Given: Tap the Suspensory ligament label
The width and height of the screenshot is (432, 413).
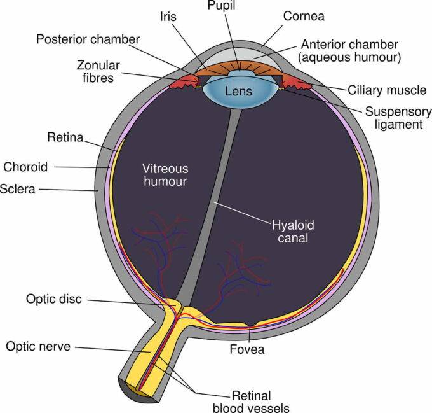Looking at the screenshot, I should coord(393,118).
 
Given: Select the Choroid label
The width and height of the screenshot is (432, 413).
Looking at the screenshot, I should coord(25,167).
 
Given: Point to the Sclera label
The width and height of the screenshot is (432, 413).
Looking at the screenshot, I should coord(18,189).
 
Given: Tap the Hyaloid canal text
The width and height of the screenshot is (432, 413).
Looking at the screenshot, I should coord(293,232).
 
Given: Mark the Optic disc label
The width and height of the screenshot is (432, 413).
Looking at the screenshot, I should coord(53,298).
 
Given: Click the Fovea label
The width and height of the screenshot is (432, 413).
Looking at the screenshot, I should coord(247,349).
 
